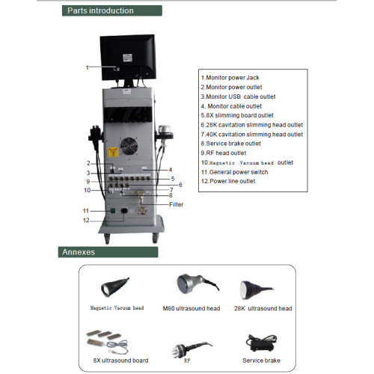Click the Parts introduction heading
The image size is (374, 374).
pos(100,10)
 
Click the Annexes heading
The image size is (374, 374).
pos(79,252)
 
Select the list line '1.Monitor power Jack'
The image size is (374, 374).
pos(230,78)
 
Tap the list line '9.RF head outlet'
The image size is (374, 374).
pos(224,153)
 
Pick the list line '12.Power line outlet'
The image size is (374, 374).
pos(228,181)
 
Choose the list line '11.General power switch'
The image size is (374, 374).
pos(235,172)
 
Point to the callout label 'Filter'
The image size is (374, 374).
pos(176,204)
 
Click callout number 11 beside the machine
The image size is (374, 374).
pos(86,211)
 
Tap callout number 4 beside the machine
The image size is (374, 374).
pos(171,170)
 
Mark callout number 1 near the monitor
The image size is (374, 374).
pos(87,67)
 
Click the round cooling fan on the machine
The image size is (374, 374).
pos(129,146)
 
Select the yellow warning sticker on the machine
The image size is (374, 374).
pos(113,152)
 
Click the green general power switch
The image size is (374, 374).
pos(113,211)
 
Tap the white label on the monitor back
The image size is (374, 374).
pos(127,58)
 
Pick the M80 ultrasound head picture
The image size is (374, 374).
pos(197,283)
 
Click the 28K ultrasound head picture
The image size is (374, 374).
pos(257,289)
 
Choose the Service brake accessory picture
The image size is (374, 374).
pos(261,343)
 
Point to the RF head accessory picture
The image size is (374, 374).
pos(191,349)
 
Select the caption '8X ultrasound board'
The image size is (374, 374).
pos(120,361)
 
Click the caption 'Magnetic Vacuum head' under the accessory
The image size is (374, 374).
pos(117,308)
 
